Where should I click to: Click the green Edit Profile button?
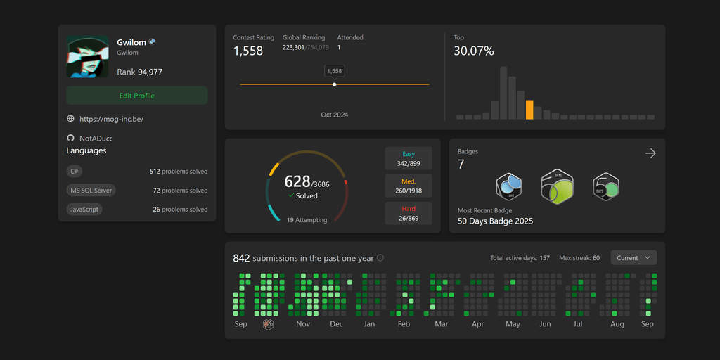coord(137,96)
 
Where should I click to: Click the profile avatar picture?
coord(88,57)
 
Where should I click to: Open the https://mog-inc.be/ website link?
coord(111,120)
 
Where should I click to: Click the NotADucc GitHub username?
coord(96,139)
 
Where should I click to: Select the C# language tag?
coord(75,171)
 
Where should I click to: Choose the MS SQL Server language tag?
coord(91,191)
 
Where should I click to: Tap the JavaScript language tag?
coord(84,210)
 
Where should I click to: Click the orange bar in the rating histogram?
coord(529,110)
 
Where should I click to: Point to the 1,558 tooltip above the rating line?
coord(335,71)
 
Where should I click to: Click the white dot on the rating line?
coord(334,84)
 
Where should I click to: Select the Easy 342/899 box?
coord(409,158)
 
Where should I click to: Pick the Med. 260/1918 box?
coord(409,186)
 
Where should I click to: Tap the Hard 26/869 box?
coord(409,213)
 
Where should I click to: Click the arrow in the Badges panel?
coord(650,153)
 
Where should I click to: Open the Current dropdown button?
coord(634,258)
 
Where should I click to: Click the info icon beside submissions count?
coord(380,258)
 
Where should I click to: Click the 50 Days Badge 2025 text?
coord(495,221)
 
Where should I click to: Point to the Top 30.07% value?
coord(473,51)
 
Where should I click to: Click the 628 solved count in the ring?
coord(297,183)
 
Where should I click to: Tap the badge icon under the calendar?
coord(268,324)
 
